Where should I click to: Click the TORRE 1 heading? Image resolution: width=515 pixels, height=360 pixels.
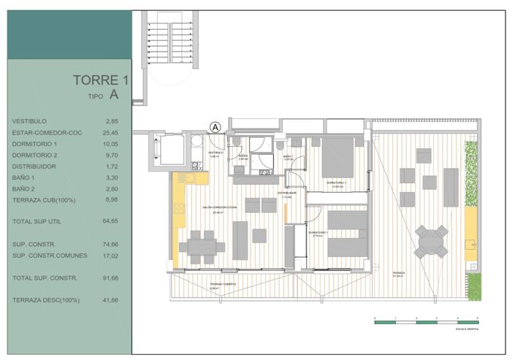(x=96, y=80)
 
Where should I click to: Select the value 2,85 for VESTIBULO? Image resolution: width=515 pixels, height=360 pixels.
(x=112, y=120)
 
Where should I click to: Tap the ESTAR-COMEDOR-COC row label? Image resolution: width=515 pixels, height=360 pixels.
(x=47, y=132)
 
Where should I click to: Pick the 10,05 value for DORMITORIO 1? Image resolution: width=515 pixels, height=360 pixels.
(x=110, y=144)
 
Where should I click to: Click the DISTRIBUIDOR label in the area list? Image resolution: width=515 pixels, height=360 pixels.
(x=35, y=166)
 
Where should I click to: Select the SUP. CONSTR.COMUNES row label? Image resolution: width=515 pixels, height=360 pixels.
(x=50, y=255)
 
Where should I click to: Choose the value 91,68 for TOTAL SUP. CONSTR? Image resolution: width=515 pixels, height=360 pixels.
(x=110, y=278)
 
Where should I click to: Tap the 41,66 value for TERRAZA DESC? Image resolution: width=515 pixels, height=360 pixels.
(x=110, y=300)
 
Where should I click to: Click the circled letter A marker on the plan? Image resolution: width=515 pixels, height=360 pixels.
(x=215, y=126)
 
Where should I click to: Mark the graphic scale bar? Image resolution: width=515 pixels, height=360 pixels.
(x=425, y=322)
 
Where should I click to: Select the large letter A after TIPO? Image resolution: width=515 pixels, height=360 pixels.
(x=113, y=94)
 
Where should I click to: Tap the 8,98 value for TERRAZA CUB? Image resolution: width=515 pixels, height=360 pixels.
(x=111, y=199)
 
